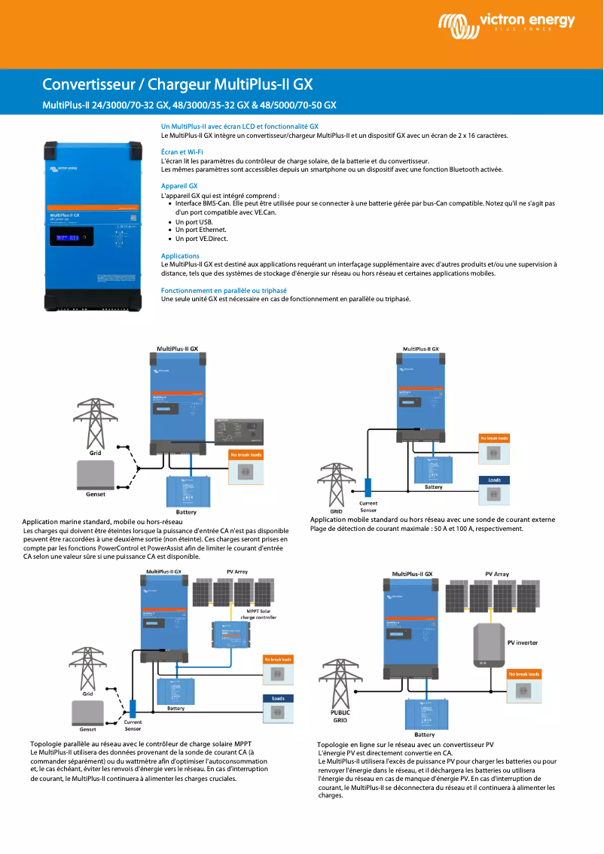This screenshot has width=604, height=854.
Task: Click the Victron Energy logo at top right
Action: coord(505,26)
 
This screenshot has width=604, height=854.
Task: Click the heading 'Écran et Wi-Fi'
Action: coord(182,152)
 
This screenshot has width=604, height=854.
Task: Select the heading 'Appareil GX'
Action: coord(179,186)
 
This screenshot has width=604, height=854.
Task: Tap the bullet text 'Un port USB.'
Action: coord(194,222)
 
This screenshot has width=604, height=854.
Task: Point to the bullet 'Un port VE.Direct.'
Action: coord(201,239)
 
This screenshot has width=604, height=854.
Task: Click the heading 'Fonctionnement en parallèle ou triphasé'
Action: coord(224,290)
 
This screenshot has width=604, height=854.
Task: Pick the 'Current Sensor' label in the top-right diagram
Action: coord(368,506)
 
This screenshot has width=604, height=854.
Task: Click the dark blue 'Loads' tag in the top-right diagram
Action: coord(494,480)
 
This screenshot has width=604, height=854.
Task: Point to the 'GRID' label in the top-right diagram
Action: coord(336,511)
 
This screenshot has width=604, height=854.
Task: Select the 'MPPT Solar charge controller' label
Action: coord(258,614)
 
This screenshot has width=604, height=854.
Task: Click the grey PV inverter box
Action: coord(489,645)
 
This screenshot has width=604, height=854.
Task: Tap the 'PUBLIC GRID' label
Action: coord(340,715)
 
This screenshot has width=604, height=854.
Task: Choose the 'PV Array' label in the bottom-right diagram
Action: coord(496,574)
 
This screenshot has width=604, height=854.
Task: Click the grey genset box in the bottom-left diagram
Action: coord(87,712)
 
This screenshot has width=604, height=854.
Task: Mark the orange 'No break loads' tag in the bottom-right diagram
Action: coord(523,674)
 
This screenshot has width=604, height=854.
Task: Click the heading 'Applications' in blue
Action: coord(180,256)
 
